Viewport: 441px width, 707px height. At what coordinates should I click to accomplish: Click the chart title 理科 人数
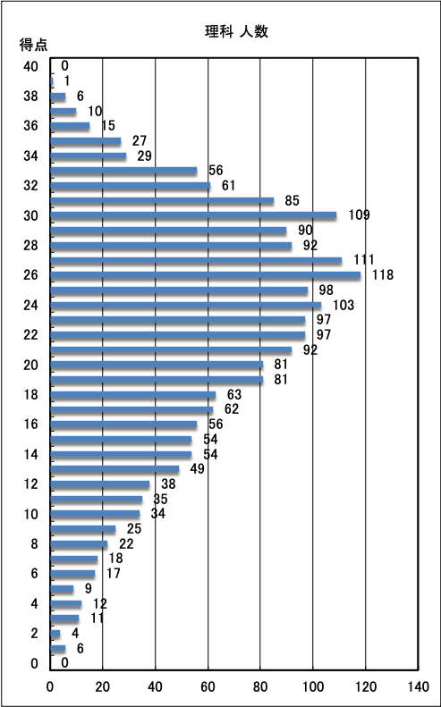click(236, 32)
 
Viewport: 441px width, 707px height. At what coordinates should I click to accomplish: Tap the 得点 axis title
click(33, 45)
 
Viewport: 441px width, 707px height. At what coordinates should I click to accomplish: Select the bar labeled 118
click(206, 275)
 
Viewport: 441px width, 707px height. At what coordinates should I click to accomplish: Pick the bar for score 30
click(193, 215)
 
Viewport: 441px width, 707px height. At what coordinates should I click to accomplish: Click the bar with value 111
click(197, 260)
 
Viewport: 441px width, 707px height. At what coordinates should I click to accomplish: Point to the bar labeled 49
click(114, 469)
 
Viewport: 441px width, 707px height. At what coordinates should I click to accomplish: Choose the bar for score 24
click(186, 305)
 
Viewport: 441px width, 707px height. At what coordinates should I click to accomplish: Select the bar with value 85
click(162, 200)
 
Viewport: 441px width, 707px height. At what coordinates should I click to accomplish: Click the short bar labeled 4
click(55, 633)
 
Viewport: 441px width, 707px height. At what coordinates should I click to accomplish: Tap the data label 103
click(343, 306)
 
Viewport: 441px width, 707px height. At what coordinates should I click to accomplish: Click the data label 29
click(144, 156)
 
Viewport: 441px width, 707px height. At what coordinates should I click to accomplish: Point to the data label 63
click(234, 394)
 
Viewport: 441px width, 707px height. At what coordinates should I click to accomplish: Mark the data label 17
click(114, 574)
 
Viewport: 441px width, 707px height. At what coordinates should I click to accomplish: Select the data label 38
click(168, 484)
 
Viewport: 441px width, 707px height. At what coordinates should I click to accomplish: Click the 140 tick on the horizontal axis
click(419, 686)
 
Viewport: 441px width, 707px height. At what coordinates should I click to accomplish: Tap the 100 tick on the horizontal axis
click(313, 686)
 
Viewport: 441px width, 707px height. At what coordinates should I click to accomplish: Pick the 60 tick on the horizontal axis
click(208, 686)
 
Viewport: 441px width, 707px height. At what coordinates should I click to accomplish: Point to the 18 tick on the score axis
click(30, 394)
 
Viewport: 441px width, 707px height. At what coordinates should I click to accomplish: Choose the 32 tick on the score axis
click(30, 186)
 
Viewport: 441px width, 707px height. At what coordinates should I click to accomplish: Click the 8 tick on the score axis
click(34, 543)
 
